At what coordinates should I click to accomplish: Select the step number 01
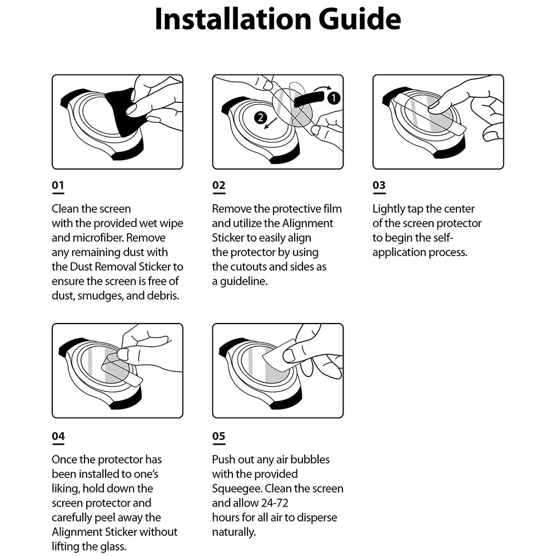click(58, 186)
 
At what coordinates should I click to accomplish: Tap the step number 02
click(219, 186)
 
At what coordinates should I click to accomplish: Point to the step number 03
click(379, 186)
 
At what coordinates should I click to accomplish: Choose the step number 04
click(58, 436)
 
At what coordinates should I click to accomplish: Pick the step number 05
click(219, 436)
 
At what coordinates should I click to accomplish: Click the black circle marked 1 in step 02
click(332, 98)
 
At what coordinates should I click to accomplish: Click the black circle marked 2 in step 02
click(259, 117)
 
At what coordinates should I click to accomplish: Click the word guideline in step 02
click(244, 281)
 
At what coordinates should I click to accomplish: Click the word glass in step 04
click(113, 547)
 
